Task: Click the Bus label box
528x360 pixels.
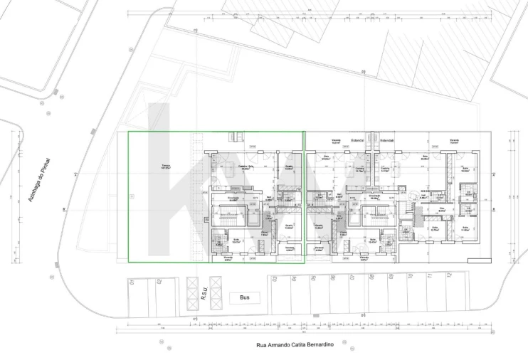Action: pyautogui.click(x=245, y=297)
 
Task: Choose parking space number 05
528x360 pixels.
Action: pyautogui.click(x=315, y=279)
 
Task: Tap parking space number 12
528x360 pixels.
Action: pyautogui.click(x=448, y=275)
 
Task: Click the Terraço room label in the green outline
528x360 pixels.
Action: pyautogui.click(x=165, y=167)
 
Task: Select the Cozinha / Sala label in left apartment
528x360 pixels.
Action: pyautogui.click(x=247, y=167)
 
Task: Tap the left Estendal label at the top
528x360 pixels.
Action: pyautogui.click(x=358, y=140)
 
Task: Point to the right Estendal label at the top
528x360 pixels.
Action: pyautogui.click(x=386, y=140)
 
